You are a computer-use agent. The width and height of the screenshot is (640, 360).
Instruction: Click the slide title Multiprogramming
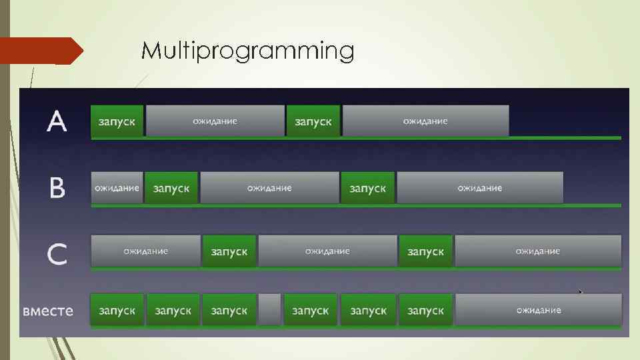(x=247, y=51)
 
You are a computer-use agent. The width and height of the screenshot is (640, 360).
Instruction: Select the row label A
(x=57, y=122)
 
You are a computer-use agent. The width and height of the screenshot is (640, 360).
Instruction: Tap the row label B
(x=57, y=188)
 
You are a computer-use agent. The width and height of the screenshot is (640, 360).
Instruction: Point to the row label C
(x=57, y=253)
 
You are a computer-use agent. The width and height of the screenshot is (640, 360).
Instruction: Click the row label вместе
(x=48, y=311)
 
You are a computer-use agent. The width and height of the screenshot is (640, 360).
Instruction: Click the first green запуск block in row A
(x=117, y=121)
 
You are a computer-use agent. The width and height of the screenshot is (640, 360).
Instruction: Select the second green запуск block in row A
(x=313, y=121)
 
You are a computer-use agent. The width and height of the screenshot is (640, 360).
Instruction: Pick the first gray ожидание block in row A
(x=215, y=121)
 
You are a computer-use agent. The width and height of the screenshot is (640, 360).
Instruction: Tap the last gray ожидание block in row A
(x=425, y=121)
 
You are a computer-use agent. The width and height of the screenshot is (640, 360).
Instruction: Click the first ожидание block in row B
(x=117, y=188)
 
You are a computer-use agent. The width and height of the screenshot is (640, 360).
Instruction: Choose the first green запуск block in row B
(x=171, y=188)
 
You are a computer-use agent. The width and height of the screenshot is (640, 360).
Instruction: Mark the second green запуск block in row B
(x=367, y=188)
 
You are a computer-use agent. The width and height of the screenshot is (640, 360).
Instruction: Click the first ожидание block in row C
(x=145, y=251)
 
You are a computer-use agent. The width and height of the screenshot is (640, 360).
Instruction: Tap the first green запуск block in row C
(x=229, y=251)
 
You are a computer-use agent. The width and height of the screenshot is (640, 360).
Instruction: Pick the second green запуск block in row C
(x=425, y=251)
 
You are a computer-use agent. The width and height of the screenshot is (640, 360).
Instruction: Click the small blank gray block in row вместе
(x=269, y=310)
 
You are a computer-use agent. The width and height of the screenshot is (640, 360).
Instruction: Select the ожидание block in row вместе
(x=538, y=310)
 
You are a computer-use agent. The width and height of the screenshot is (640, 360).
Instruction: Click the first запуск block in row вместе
(x=117, y=310)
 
